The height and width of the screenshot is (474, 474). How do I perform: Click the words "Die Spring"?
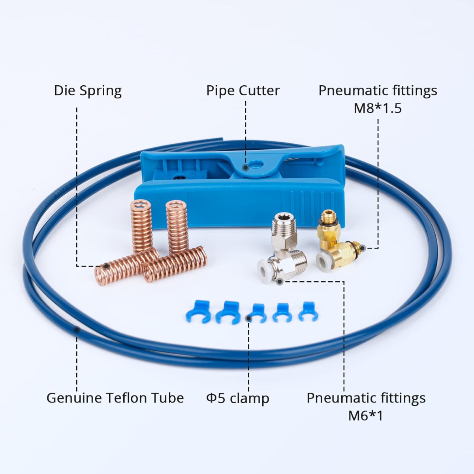[88, 90]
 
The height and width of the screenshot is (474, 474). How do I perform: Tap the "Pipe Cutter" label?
[243, 90]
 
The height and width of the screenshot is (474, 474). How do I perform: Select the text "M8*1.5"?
[377, 108]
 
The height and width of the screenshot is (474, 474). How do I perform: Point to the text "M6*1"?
[365, 416]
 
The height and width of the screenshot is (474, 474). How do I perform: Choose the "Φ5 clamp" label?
[237, 398]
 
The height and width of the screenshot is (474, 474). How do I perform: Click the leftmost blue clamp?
[197, 311]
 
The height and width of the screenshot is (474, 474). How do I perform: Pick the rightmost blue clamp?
[308, 311]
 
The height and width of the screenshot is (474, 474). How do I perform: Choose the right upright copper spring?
[177, 226]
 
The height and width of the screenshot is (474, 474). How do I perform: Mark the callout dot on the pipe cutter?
[245, 167]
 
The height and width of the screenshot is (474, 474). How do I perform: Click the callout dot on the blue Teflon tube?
[77, 329]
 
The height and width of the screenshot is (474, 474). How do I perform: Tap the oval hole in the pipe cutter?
[257, 164]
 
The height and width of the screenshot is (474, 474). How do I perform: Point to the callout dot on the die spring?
[107, 266]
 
